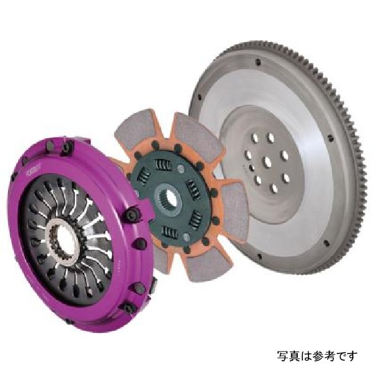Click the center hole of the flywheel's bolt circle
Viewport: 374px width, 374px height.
point(266,161)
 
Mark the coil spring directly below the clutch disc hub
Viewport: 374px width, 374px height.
point(169,231)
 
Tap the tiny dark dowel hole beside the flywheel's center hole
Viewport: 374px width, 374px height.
point(252,167)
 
